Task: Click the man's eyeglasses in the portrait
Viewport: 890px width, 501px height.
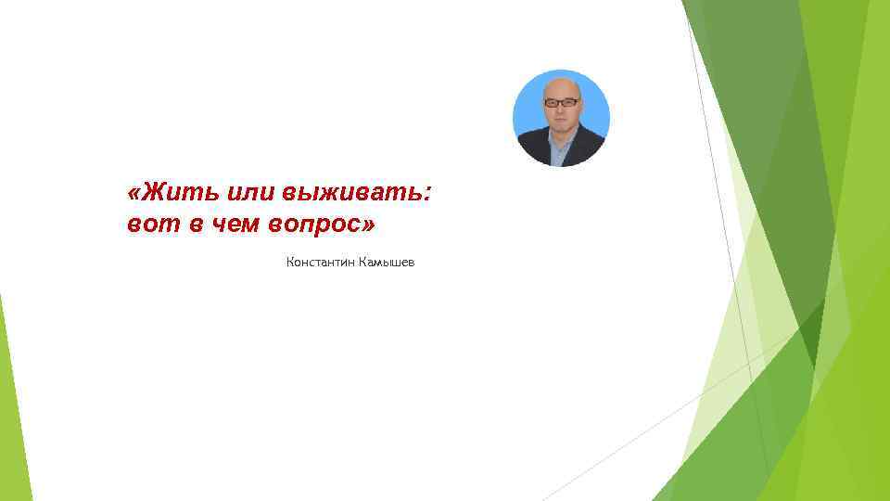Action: point(562,102)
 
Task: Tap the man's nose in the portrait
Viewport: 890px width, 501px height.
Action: point(562,109)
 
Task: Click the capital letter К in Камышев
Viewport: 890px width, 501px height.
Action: point(362,263)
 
